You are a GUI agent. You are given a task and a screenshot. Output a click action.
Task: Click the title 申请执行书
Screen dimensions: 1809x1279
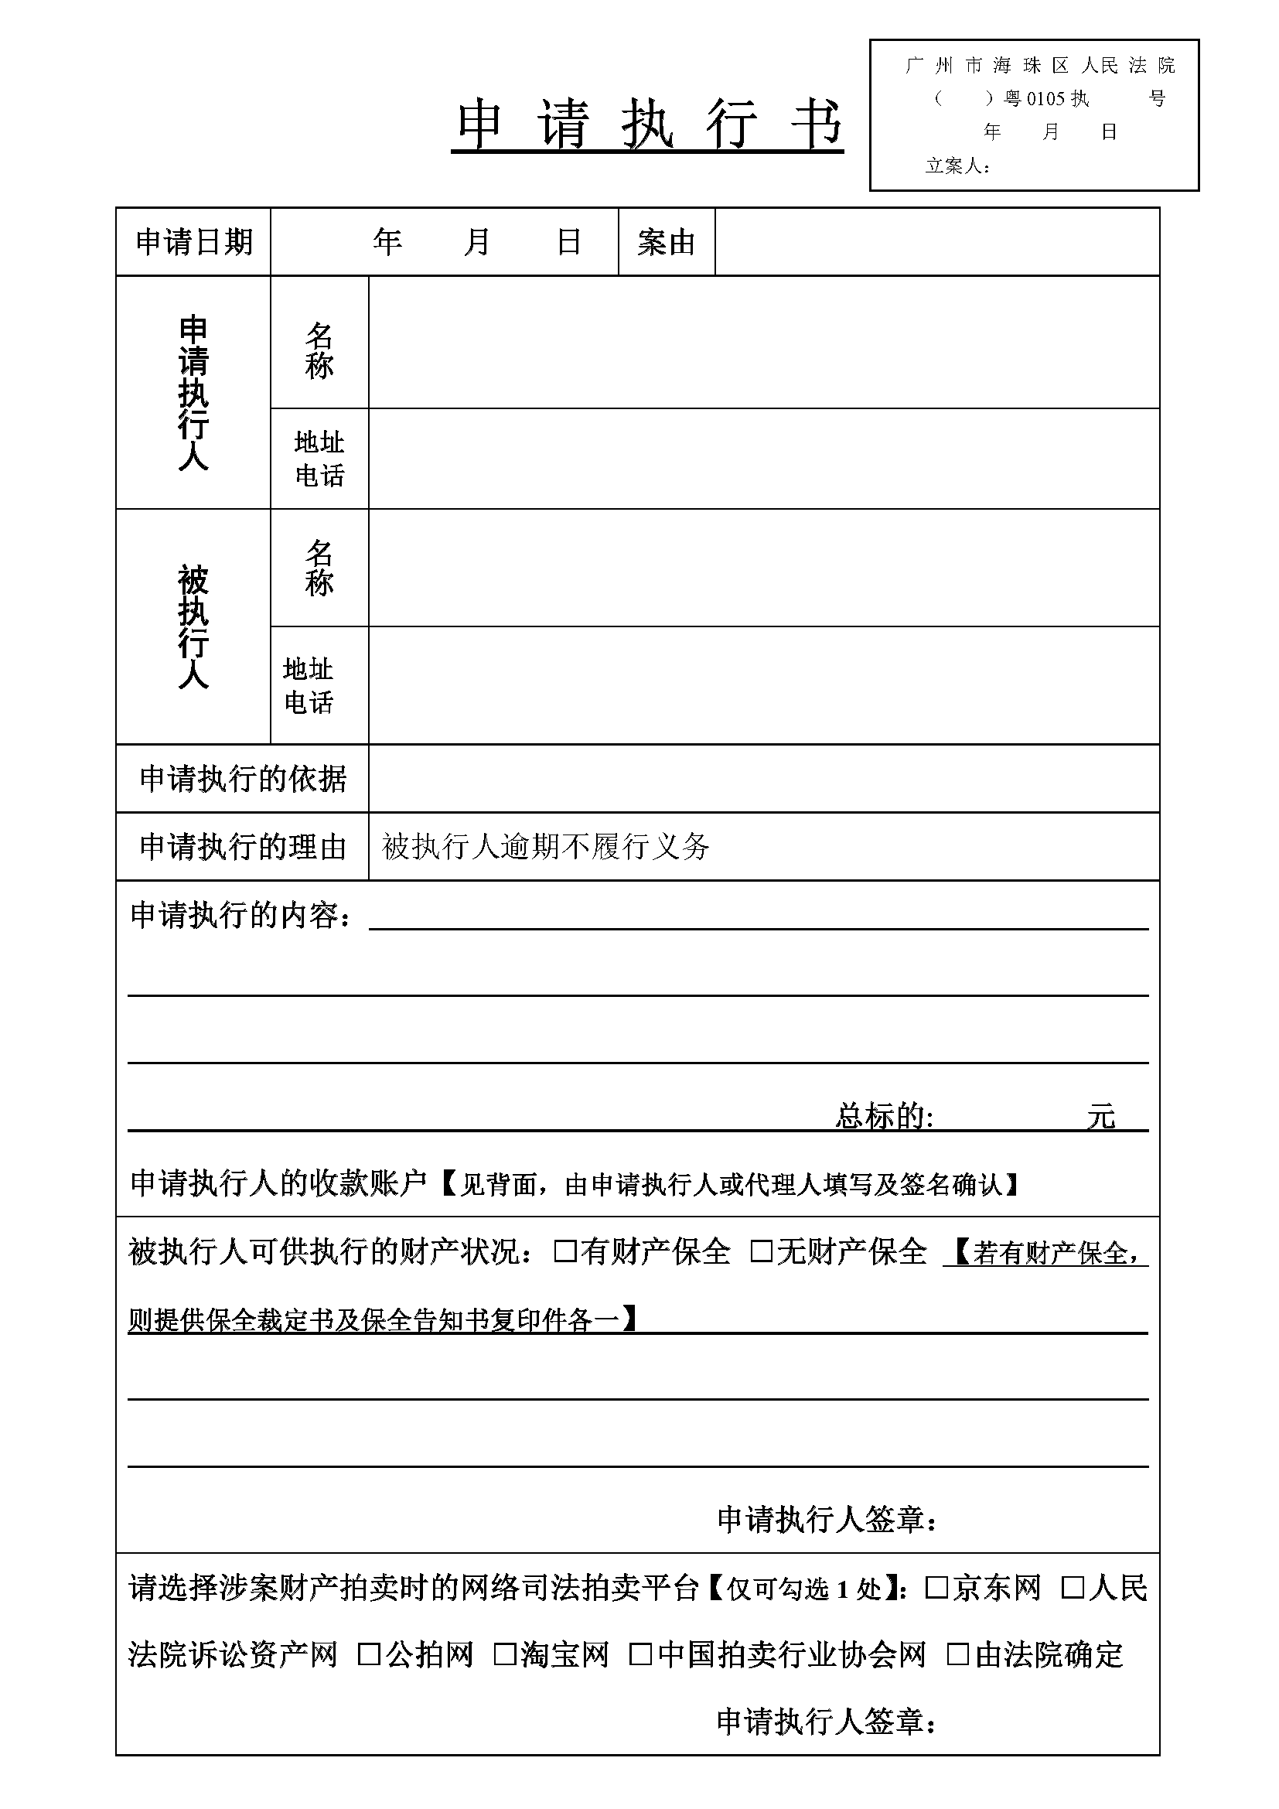point(647,125)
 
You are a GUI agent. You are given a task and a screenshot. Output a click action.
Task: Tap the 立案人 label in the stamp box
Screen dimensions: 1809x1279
point(957,166)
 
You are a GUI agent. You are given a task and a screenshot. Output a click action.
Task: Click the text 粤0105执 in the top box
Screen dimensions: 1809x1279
point(1047,98)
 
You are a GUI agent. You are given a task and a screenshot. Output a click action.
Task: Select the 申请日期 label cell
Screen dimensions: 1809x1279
point(194,242)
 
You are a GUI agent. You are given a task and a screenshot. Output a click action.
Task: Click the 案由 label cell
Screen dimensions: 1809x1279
point(667,242)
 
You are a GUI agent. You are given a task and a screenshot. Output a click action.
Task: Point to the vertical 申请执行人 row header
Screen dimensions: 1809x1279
point(193,392)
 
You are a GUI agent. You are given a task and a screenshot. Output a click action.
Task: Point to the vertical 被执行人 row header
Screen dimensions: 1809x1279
point(193,626)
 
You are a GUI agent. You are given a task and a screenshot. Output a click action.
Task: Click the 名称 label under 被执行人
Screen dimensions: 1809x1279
point(319,567)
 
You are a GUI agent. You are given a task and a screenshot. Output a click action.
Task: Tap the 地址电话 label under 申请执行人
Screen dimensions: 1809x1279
point(319,459)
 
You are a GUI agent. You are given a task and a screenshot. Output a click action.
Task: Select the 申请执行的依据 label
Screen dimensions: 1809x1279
point(243,779)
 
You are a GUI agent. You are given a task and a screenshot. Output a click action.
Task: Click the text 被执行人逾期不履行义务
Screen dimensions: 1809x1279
point(545,847)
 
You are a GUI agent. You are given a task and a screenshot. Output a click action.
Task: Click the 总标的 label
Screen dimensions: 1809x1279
point(884,1116)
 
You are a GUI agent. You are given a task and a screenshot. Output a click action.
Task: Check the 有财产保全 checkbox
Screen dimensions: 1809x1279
point(564,1251)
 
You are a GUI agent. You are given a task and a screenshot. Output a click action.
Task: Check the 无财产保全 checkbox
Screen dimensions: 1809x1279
point(761,1251)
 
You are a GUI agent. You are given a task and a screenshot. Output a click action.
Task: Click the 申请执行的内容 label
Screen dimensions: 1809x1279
point(240,915)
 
